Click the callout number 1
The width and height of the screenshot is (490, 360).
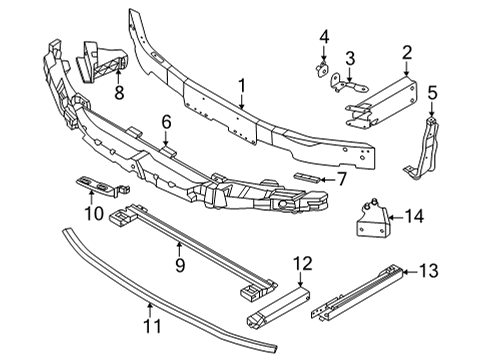point(242,87)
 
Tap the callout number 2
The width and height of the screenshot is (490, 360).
point(407,52)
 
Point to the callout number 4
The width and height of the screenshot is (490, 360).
point(324,38)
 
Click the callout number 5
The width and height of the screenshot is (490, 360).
point(433,93)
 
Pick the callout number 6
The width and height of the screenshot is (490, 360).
point(167,123)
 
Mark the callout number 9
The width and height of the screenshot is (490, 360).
point(179,265)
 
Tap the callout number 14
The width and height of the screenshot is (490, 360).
point(415,215)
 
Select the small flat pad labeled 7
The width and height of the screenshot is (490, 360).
point(309,177)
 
